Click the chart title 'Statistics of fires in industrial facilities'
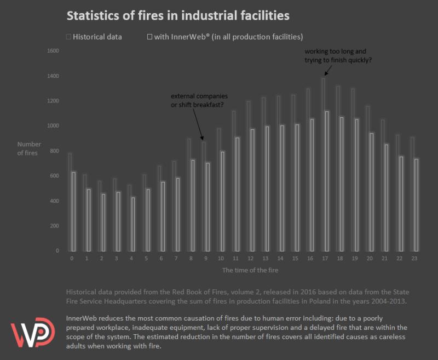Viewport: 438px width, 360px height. [178, 15]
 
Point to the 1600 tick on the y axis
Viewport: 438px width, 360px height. [53, 51]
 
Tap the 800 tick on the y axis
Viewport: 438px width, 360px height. [54, 151]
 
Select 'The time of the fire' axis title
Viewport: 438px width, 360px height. [246, 270]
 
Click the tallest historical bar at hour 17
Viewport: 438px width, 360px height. [323, 164]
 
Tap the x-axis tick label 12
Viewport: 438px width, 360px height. [250, 258]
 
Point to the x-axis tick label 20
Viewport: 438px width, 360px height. [370, 258]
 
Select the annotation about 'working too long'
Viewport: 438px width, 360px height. [338, 55]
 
